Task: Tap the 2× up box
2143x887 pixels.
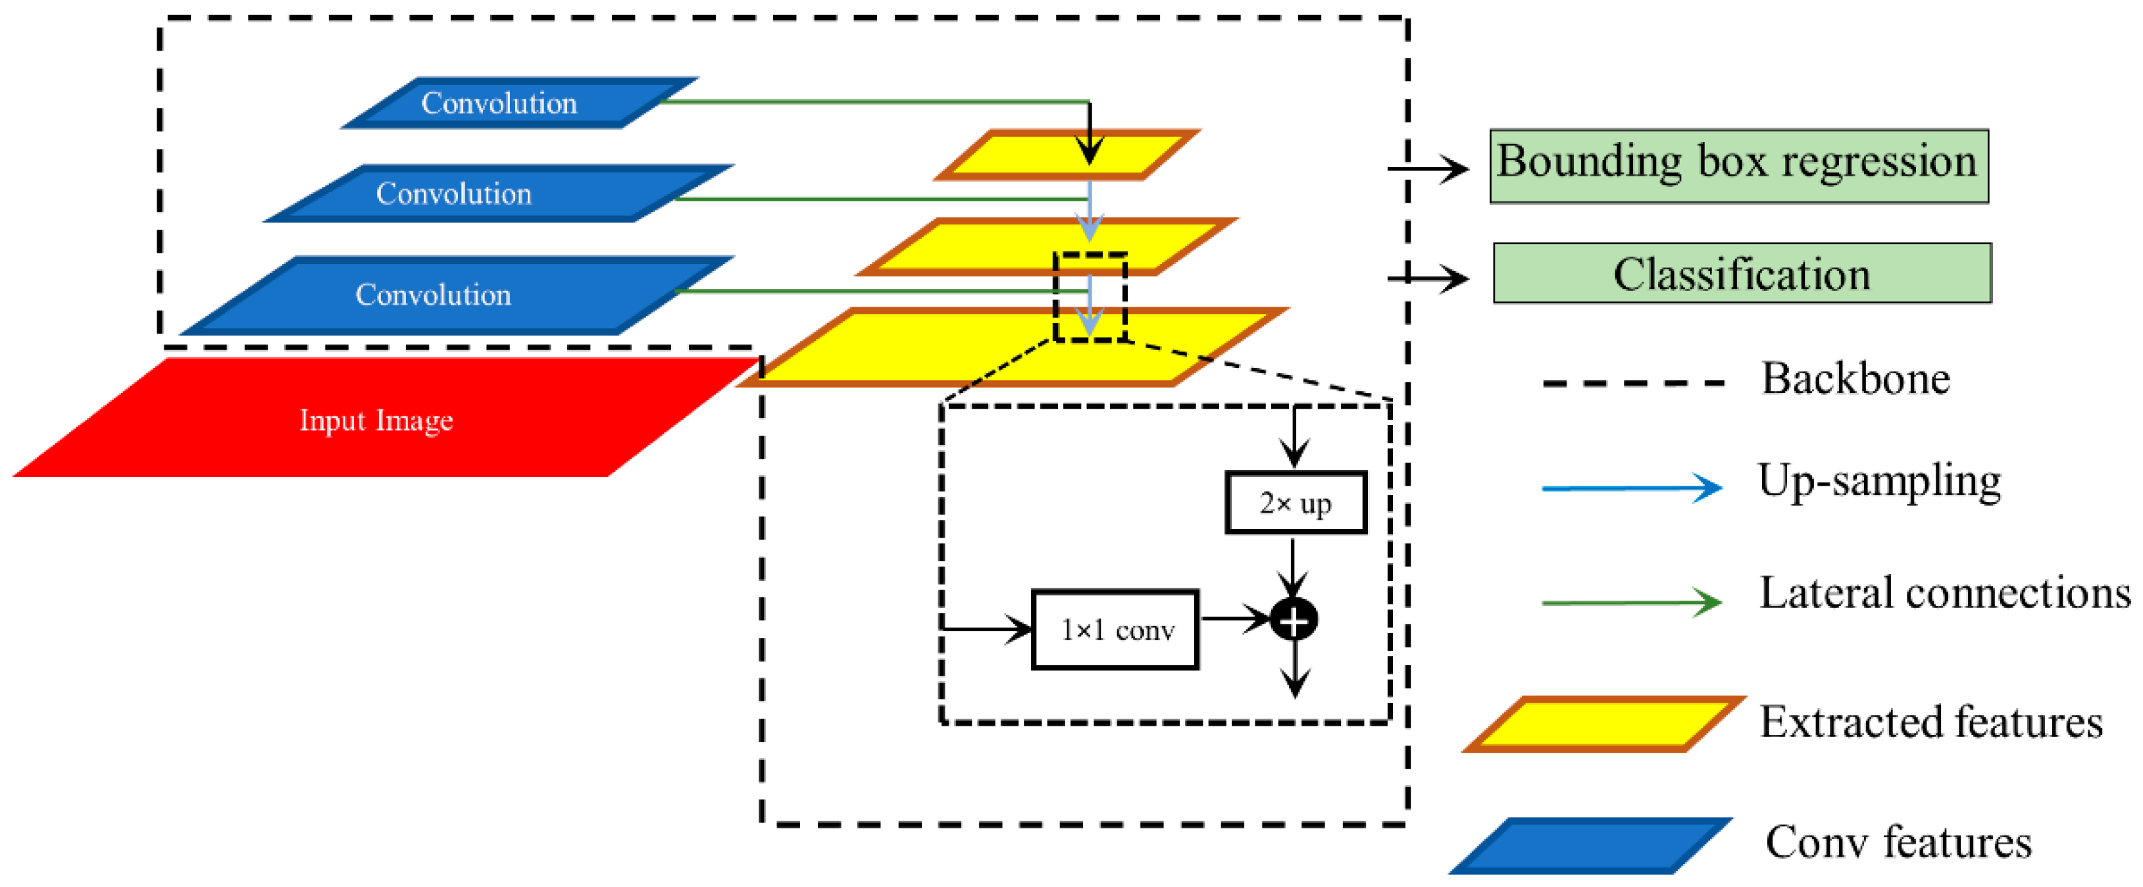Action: [1296, 503]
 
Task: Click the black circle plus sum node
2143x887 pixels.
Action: [1294, 620]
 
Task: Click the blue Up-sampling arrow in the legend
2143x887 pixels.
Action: [1630, 488]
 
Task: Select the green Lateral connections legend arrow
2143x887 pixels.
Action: [1630, 601]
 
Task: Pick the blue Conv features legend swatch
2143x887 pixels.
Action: [1590, 846]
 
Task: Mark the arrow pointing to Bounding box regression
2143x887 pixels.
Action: [1428, 169]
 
